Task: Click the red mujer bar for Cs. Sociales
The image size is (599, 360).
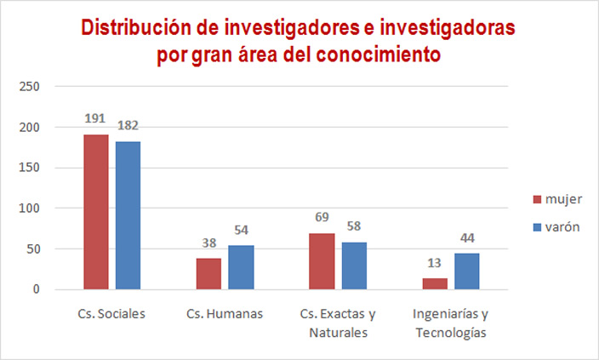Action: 96,212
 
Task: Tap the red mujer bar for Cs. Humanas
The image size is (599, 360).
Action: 208,273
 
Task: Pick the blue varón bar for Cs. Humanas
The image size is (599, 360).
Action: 241,267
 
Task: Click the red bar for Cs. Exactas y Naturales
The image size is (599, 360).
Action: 322,261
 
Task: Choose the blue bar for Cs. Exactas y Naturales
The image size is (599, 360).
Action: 354,266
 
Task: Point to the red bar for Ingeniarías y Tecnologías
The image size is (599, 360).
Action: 436,283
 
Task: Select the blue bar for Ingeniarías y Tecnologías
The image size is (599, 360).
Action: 466,271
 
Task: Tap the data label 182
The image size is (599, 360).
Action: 128,125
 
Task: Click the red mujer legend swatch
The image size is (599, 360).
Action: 538,199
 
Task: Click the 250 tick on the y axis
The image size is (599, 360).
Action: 30,87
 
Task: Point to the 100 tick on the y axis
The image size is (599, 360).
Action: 30,209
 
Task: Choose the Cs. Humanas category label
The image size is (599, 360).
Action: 225,313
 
